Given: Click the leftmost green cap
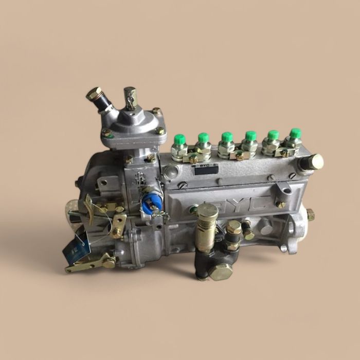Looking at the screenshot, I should (x=180, y=140).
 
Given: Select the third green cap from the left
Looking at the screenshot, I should (x=227, y=137).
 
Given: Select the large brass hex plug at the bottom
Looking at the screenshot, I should (x=221, y=271).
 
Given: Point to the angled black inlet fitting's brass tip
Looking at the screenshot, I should (x=94, y=94).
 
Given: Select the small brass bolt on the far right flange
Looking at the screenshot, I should (x=310, y=214).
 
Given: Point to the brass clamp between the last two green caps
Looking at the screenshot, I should (x=284, y=152).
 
